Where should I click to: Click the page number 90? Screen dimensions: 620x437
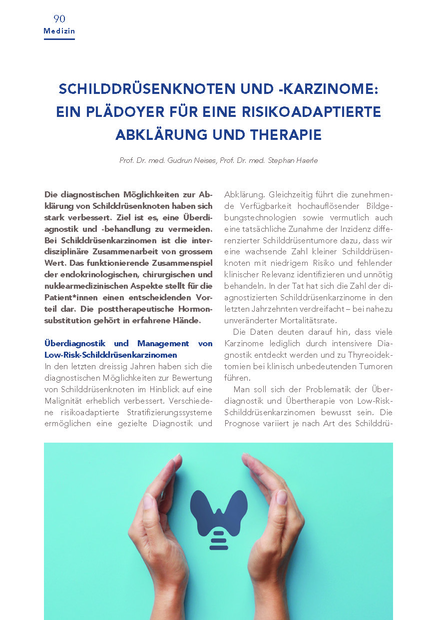tap(59, 19)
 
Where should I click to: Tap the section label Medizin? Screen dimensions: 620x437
tap(59, 31)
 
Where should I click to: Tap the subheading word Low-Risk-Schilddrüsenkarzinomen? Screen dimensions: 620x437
tap(111, 355)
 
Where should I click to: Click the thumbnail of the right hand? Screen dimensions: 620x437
tap(282, 498)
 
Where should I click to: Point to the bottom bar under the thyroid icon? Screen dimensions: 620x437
tap(219, 548)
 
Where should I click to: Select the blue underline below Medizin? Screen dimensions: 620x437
tap(59, 38)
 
